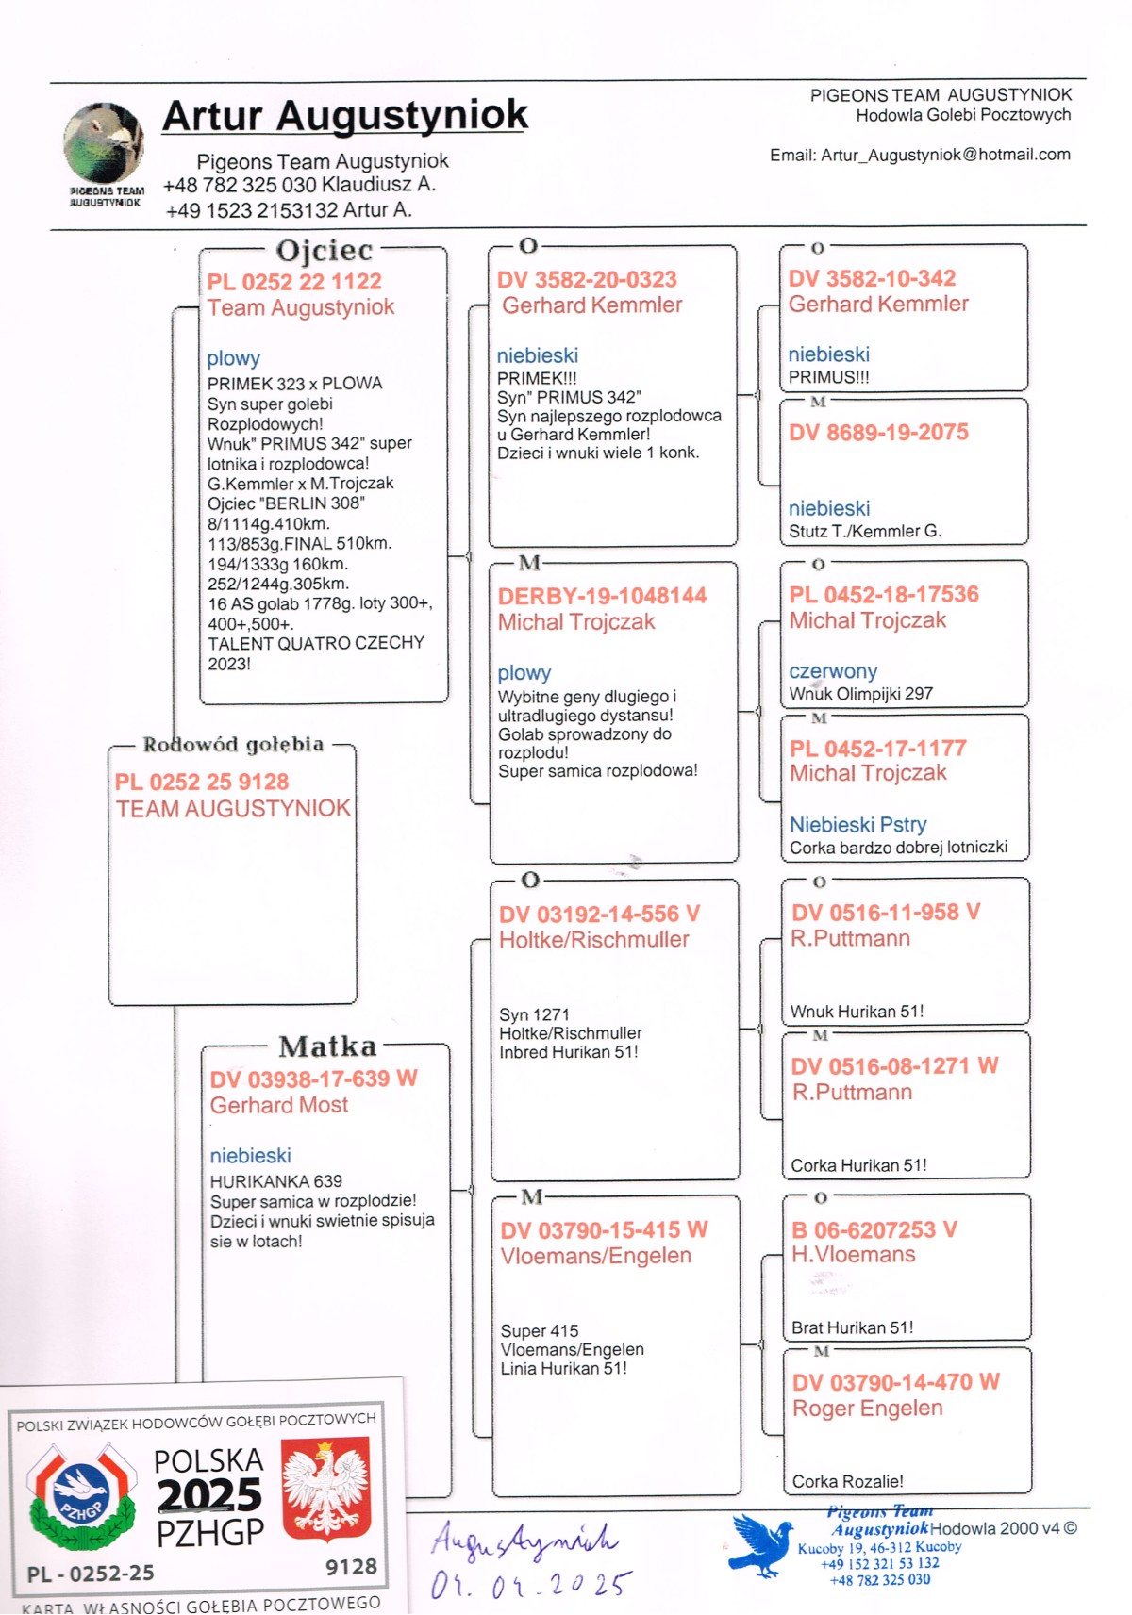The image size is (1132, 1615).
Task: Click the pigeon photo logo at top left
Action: [103, 143]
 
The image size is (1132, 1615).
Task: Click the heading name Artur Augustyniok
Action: [345, 116]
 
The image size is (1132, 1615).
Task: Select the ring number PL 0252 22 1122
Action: [294, 282]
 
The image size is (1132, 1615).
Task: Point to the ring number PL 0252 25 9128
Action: [202, 782]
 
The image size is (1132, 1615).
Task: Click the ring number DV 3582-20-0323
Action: [587, 280]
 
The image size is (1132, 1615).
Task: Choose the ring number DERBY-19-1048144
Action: [602, 596]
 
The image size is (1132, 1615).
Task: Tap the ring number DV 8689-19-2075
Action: [878, 433]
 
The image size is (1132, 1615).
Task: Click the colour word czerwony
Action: [833, 671]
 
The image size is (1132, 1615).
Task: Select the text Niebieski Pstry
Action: [857, 825]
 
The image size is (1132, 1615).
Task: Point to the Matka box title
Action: [327, 1046]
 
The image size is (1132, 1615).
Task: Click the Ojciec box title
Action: [324, 251]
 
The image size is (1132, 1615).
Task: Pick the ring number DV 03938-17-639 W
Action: [313, 1079]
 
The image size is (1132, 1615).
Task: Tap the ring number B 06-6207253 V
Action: [874, 1229]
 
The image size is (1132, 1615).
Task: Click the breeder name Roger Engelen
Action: [867, 1409]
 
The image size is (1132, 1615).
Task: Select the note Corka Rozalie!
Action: [847, 1481]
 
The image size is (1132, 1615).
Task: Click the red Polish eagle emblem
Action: [325, 1488]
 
